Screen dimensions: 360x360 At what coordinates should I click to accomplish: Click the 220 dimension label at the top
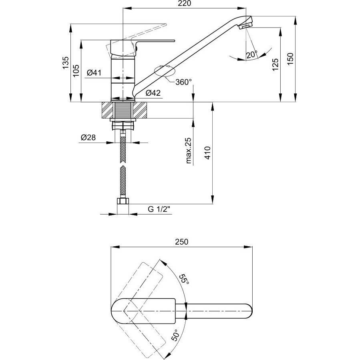coord(185,4)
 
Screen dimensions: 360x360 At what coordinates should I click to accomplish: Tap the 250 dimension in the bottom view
coord(182,242)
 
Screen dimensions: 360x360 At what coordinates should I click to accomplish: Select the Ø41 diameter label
coord(94,73)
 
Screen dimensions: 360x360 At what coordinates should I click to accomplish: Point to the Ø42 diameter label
coord(153,93)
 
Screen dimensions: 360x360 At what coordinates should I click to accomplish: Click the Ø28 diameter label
coord(88,137)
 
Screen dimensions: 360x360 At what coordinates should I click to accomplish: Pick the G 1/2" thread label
coord(159,209)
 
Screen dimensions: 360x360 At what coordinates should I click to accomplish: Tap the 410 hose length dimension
coord(207,153)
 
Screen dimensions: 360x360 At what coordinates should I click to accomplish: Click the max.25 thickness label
coord(189,151)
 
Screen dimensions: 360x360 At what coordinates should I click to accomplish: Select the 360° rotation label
coord(183,82)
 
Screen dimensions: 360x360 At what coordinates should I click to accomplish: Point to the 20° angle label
coord(252,54)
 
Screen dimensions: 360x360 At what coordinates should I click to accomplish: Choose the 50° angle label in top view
coord(175,335)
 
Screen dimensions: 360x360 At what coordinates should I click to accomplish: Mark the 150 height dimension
coord(290,59)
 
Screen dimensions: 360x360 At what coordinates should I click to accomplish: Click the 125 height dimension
coord(276,65)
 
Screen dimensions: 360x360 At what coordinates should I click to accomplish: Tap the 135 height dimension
coord(66,62)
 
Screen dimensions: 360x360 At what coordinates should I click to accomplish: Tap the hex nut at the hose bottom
coord(123,201)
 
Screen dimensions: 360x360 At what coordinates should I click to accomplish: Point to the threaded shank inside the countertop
coord(123,111)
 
